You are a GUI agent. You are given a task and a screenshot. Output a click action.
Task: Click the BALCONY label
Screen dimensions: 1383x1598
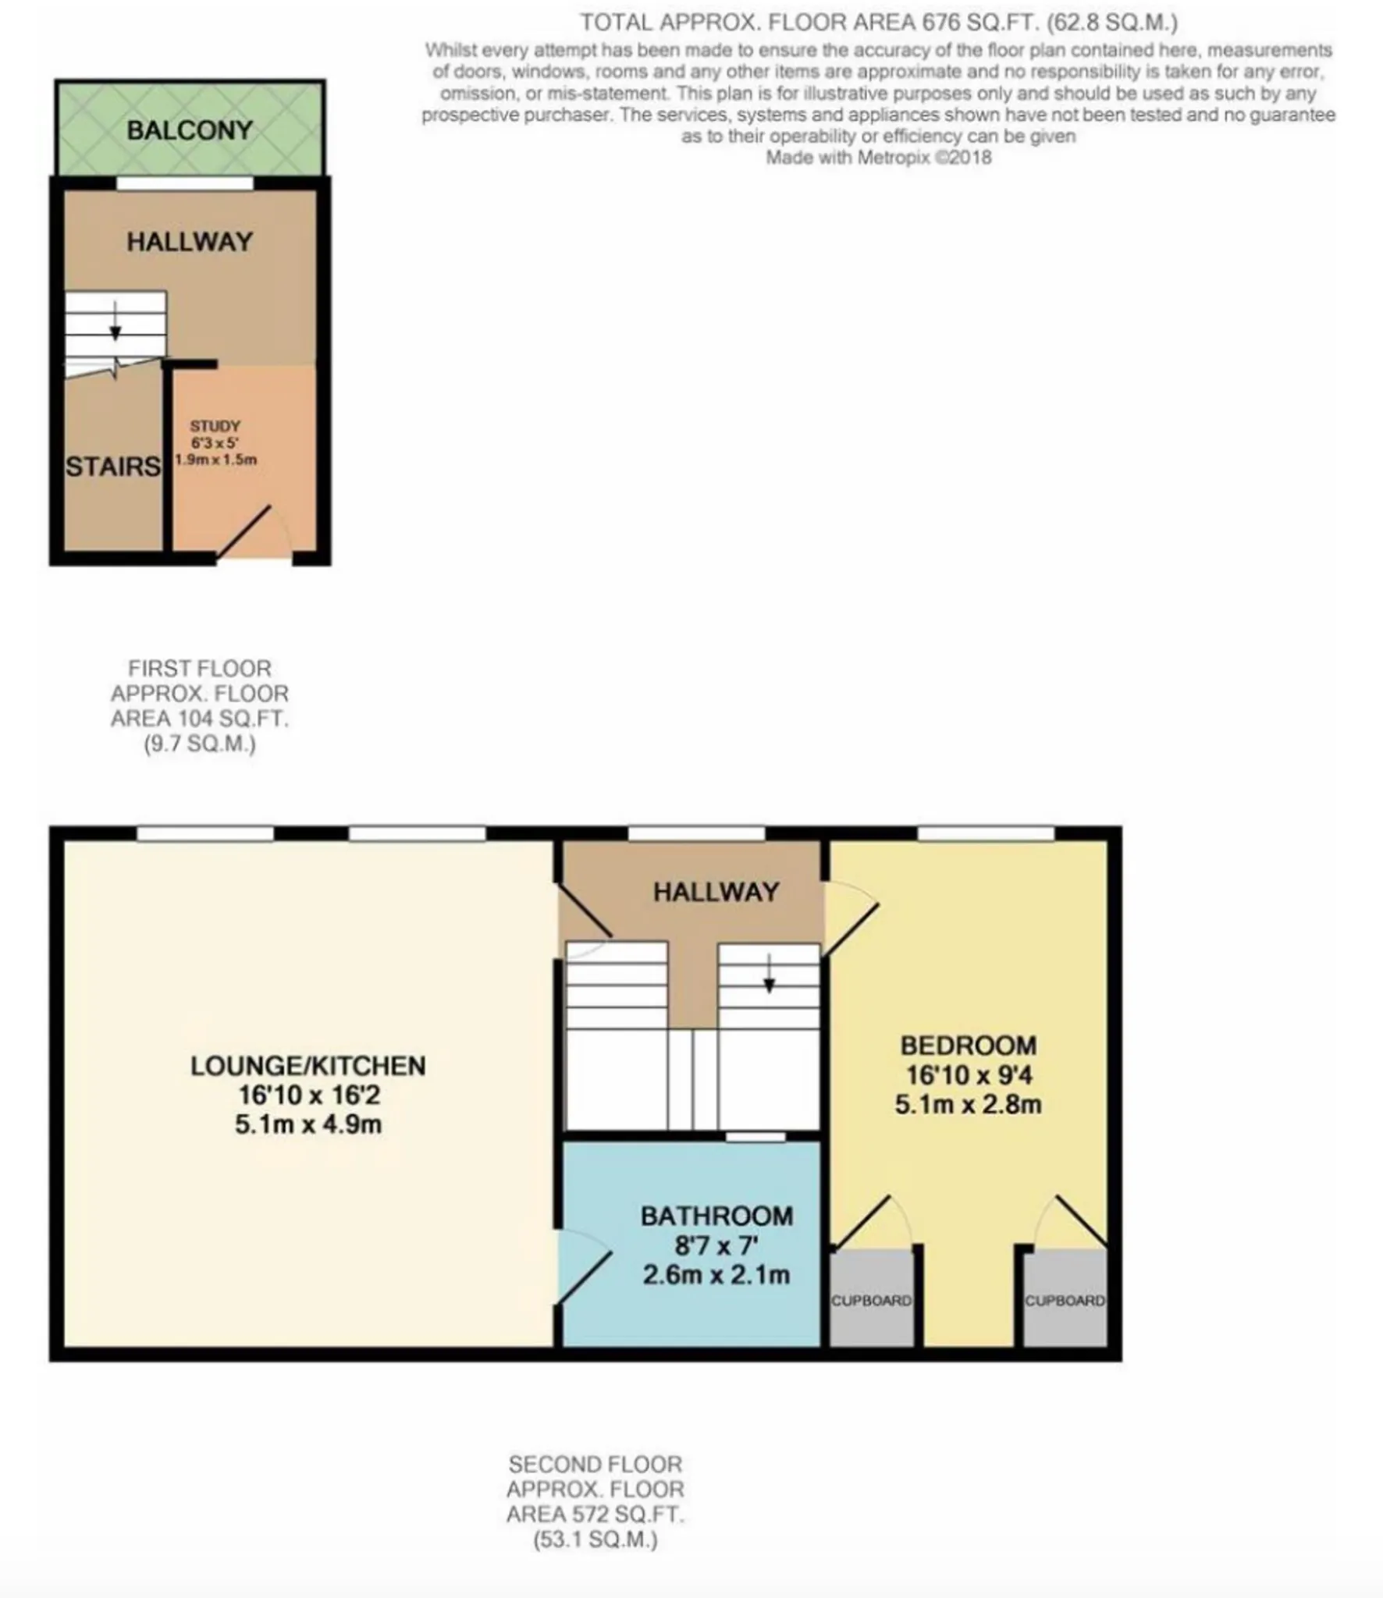(x=190, y=130)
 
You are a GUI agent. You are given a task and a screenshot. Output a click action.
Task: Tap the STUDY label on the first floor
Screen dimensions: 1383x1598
(x=215, y=426)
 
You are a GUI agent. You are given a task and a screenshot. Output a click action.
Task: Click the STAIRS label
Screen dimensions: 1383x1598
(x=113, y=467)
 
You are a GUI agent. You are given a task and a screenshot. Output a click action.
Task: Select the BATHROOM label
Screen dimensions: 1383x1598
(x=716, y=1216)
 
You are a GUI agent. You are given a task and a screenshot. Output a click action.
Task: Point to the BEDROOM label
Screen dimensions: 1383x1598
(x=969, y=1045)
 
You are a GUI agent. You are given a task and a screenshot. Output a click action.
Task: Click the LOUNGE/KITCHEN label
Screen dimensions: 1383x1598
(x=308, y=1065)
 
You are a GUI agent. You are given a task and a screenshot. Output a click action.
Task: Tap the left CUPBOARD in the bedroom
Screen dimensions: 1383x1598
(x=871, y=1300)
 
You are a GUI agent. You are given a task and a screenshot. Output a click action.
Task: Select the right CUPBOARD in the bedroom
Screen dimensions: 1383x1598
(x=1065, y=1300)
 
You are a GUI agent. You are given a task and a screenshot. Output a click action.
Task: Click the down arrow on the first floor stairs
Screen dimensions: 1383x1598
(x=116, y=321)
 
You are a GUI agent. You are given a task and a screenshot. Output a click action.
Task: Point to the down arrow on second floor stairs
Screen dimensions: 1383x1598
(x=769, y=974)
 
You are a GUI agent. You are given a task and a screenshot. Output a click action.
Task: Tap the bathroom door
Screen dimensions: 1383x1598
(x=585, y=1274)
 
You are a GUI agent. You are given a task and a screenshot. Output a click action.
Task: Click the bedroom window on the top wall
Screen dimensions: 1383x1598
(x=986, y=834)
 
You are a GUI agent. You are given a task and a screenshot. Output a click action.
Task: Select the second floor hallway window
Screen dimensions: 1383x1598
(x=696, y=834)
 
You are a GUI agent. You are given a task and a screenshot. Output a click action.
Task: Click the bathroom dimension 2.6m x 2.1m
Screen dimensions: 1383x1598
(x=716, y=1275)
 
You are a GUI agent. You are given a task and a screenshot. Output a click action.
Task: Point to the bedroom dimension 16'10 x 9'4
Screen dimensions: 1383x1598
(x=969, y=1075)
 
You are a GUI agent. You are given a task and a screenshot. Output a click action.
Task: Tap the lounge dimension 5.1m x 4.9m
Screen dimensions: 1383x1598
(x=308, y=1124)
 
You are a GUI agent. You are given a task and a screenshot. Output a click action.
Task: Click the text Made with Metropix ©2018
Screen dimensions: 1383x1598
(x=878, y=158)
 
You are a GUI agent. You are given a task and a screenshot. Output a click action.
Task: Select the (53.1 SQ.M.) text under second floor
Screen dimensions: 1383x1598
(x=596, y=1539)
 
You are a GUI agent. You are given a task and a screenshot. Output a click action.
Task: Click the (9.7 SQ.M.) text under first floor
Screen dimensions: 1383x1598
(x=200, y=744)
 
